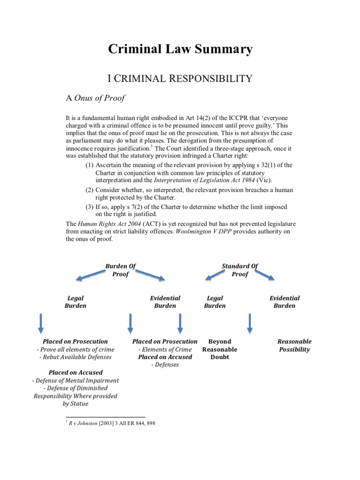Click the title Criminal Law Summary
click(x=180, y=49)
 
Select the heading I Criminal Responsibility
click(x=180, y=78)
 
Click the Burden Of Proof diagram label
click(x=120, y=270)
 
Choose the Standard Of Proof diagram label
click(x=240, y=270)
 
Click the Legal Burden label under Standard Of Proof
click(x=215, y=302)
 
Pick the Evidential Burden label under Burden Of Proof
click(x=165, y=302)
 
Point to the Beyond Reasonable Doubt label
click(x=219, y=349)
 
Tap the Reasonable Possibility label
click(x=294, y=345)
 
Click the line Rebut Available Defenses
click(x=75, y=357)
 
